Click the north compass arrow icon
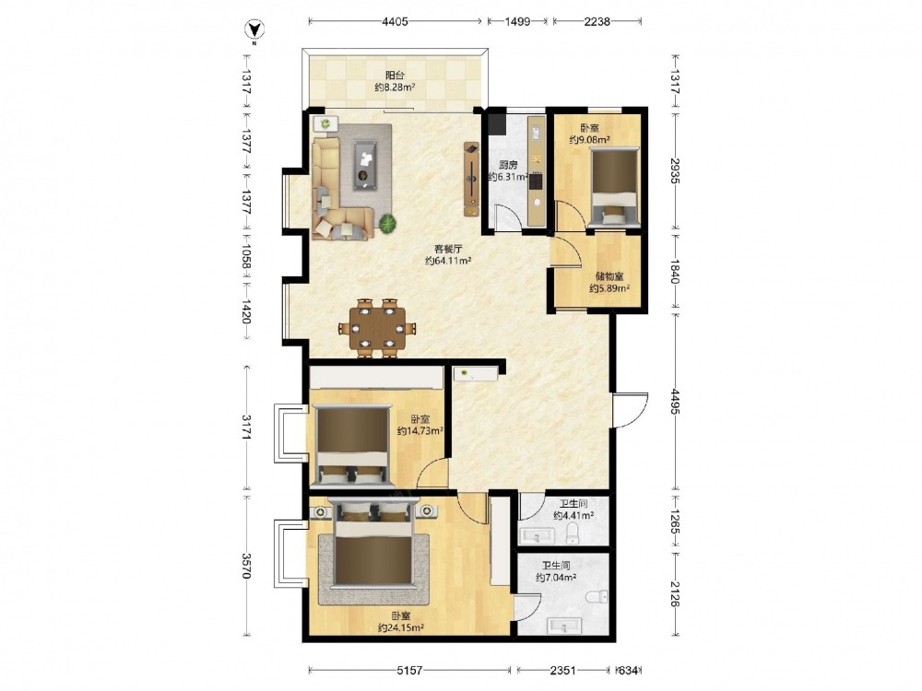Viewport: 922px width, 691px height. (x=254, y=29)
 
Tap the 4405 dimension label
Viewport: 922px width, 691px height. (x=395, y=22)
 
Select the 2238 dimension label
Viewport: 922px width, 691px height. (x=597, y=22)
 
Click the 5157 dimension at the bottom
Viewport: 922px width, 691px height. (x=409, y=670)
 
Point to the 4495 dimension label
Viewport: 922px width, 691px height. (x=675, y=402)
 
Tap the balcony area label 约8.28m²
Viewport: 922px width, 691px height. (x=396, y=88)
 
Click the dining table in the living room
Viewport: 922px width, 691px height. (x=377, y=328)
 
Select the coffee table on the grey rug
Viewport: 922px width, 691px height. (x=365, y=165)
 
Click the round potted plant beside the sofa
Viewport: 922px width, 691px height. (x=387, y=224)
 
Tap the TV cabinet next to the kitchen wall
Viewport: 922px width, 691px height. (x=471, y=179)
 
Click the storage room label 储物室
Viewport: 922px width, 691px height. (x=609, y=276)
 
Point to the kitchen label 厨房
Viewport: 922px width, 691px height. (x=507, y=165)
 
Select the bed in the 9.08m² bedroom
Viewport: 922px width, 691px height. (x=614, y=187)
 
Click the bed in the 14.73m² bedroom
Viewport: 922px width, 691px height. (x=351, y=445)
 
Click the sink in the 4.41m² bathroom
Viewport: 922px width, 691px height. (x=537, y=536)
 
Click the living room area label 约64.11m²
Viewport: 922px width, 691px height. (x=448, y=261)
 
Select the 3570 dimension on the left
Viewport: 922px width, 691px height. (x=246, y=566)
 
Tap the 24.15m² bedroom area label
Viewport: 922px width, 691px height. (x=400, y=627)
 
